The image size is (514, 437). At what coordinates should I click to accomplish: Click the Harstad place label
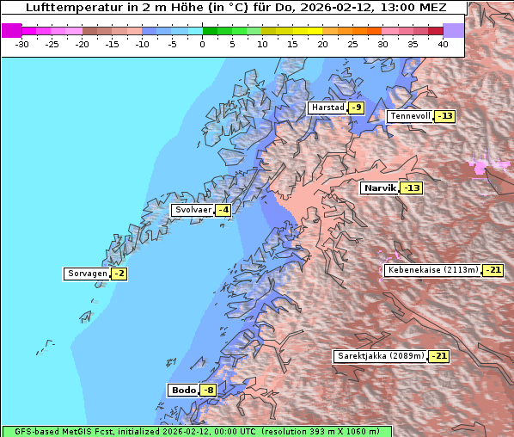pos(327,108)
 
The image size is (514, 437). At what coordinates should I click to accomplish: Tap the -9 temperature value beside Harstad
pos(356,108)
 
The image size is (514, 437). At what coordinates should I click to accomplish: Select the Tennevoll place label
pos(410,116)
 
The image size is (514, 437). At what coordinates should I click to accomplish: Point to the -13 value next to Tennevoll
pos(444,116)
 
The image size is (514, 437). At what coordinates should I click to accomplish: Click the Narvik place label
pos(379,188)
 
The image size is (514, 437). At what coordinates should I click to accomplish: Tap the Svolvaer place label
pos(193,210)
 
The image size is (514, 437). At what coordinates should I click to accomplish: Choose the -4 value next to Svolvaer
pos(223,210)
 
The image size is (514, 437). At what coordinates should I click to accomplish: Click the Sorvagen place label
pos(87,274)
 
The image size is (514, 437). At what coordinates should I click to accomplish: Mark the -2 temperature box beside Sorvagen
pos(119,274)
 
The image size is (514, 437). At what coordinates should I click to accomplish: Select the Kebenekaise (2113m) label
pos(432,269)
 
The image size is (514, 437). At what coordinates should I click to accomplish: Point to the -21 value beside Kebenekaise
pos(493,269)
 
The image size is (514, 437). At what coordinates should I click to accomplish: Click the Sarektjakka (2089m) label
pos(380,355)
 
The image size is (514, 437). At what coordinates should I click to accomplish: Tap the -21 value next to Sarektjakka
pos(438,355)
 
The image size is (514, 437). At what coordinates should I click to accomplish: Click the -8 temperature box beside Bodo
pos(208,390)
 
